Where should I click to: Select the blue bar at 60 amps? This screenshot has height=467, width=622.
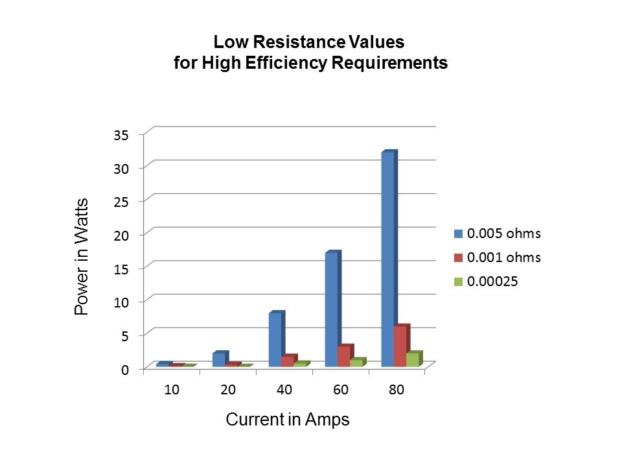tap(331, 309)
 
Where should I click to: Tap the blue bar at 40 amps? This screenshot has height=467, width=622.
tap(275, 340)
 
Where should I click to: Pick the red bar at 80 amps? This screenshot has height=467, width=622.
tap(400, 347)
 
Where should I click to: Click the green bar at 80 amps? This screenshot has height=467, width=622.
tap(413, 360)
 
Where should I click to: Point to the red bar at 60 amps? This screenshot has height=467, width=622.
tap(344, 357)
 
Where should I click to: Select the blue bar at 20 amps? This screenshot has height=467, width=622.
tap(218, 360)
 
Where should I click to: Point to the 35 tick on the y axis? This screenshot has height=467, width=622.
tap(122, 135)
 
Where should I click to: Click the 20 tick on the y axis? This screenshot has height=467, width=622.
tap(122, 235)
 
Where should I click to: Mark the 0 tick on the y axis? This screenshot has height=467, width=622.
tap(126, 368)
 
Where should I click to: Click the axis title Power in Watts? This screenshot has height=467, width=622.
tap(82, 257)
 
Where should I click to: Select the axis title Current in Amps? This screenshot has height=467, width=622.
tap(288, 420)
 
